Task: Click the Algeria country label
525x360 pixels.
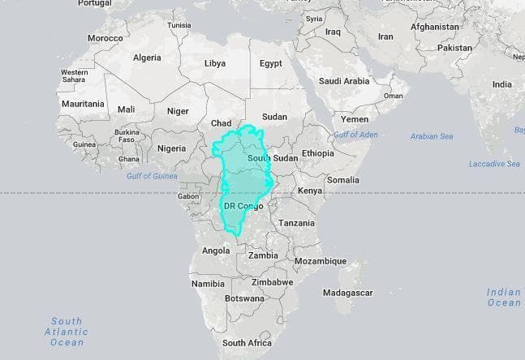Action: pyautogui.click(x=146, y=58)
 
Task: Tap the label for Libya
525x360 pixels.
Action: pyautogui.click(x=215, y=63)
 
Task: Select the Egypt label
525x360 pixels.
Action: pyautogui.click(x=271, y=63)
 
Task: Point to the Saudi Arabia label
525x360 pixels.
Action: pyautogui.click(x=344, y=81)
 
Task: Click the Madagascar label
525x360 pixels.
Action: pyautogui.click(x=347, y=292)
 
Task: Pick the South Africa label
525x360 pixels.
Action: pyautogui.click(x=246, y=343)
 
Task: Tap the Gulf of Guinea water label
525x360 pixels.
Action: pyautogui.click(x=152, y=176)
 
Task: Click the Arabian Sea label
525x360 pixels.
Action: pyautogui.click(x=432, y=136)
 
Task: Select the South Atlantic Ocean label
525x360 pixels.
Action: pyautogui.click(x=67, y=332)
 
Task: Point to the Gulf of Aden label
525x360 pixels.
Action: pyautogui.click(x=355, y=134)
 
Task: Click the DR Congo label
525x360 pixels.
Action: pyautogui.click(x=243, y=206)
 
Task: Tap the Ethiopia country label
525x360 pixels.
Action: pyautogui.click(x=317, y=153)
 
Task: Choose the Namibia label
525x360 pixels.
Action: pyautogui.click(x=208, y=284)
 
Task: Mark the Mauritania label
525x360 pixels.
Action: pyautogui.click(x=82, y=104)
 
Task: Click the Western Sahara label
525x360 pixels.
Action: pyautogui.click(x=75, y=76)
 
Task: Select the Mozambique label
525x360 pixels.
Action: pyautogui.click(x=320, y=261)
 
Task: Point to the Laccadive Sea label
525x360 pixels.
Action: pyautogui.click(x=494, y=164)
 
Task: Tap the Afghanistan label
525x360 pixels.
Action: pyautogui.click(x=436, y=26)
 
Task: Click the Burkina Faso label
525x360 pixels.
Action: pyautogui.click(x=127, y=135)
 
